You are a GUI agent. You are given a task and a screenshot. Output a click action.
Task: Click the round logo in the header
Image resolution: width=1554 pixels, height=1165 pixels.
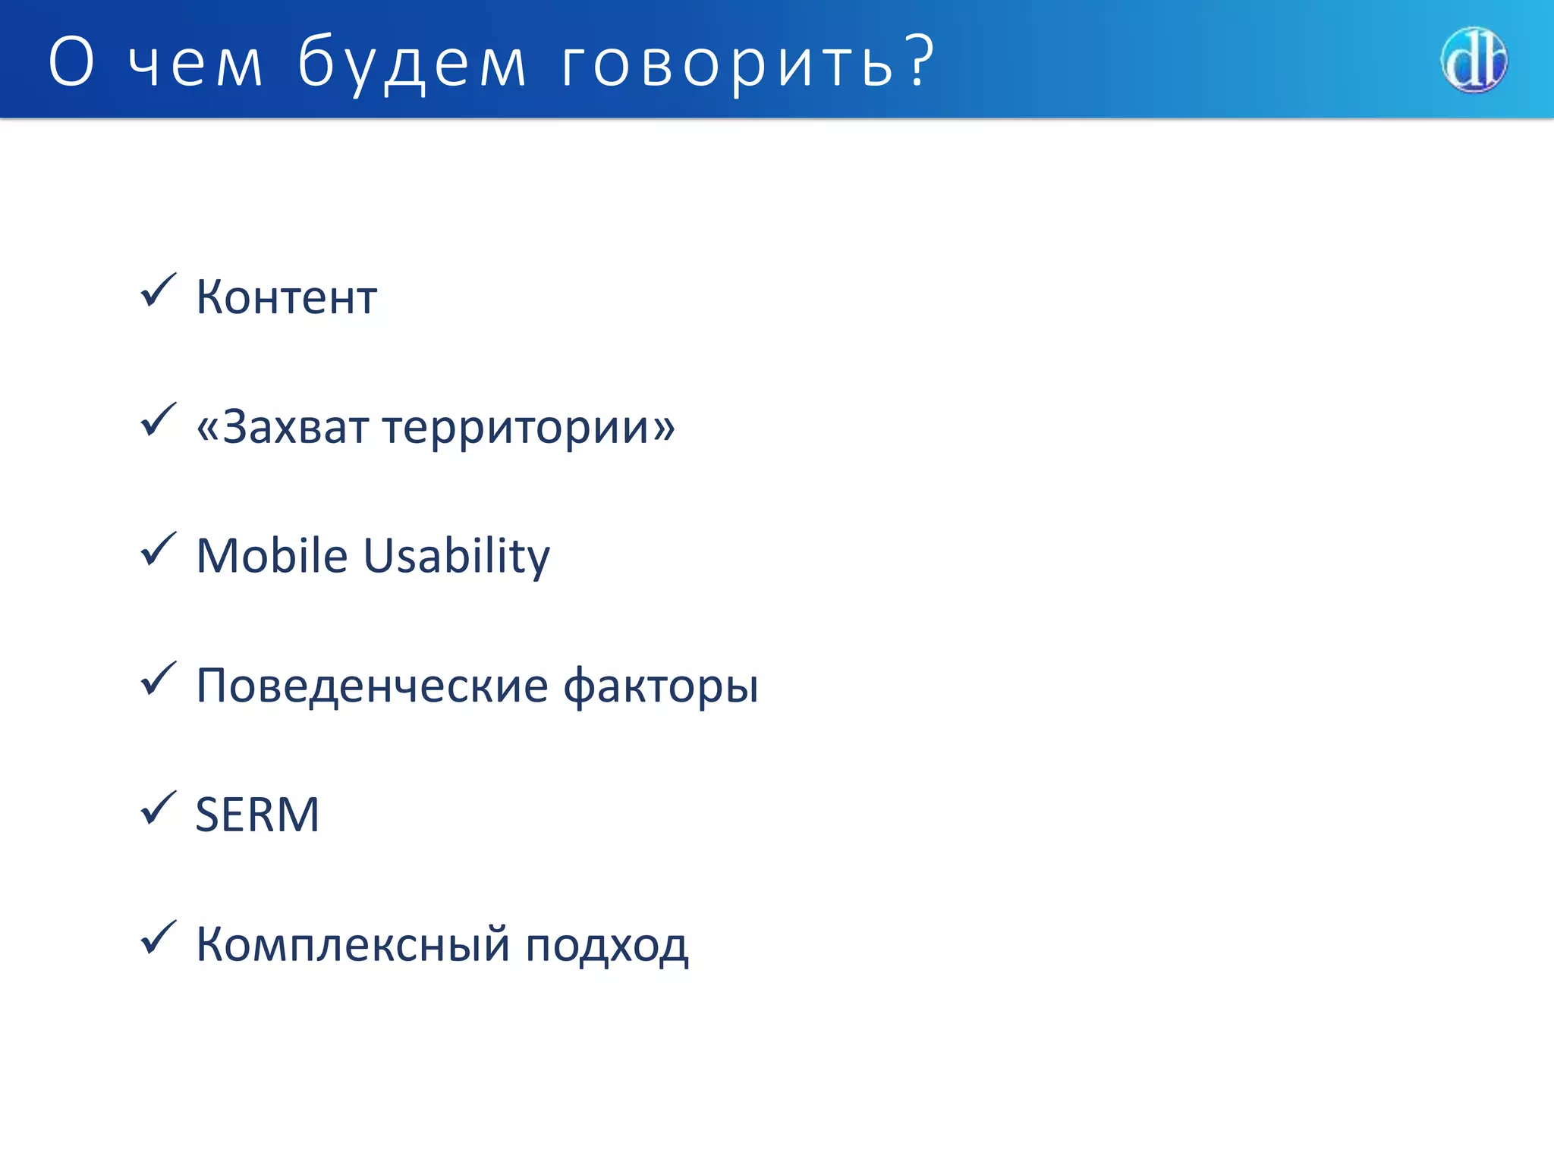1474,61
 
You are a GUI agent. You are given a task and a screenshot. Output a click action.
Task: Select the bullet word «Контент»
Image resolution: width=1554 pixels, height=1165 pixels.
286,297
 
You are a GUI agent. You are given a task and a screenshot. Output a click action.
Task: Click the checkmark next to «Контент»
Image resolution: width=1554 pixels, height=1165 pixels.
158,290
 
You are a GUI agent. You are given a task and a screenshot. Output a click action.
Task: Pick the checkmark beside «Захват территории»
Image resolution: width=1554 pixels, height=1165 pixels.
158,420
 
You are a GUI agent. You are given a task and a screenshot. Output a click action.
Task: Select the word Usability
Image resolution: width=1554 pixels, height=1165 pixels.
456,557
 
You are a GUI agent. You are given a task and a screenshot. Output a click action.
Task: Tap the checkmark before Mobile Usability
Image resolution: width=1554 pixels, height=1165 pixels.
158,549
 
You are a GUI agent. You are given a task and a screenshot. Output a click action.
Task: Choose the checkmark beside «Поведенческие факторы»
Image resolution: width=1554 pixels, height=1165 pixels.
158,679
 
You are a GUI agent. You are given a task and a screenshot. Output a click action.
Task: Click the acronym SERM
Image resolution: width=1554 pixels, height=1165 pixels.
257,815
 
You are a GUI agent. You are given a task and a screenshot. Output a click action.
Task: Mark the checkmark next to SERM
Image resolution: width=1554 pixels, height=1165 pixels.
158,808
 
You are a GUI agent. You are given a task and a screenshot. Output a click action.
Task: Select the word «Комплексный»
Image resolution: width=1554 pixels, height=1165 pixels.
353,945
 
